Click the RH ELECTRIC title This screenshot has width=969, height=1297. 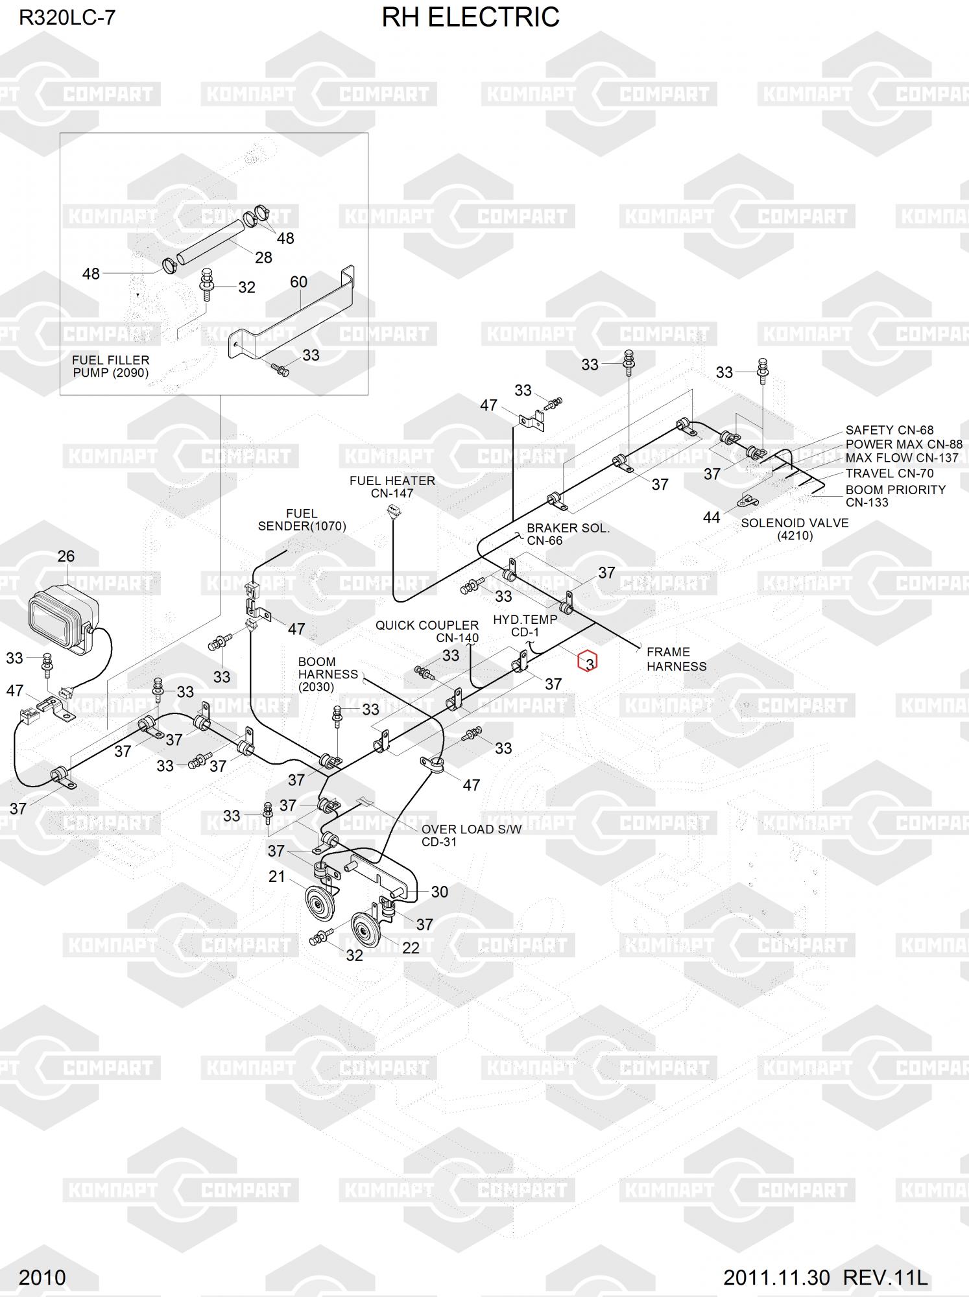coord(470,18)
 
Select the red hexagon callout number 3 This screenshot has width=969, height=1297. coord(588,661)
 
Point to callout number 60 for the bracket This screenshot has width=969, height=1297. coord(298,282)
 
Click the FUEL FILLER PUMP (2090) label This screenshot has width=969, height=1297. coord(110,366)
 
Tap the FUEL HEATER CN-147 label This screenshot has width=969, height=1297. coord(392,487)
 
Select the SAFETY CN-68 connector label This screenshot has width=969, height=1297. coord(889,430)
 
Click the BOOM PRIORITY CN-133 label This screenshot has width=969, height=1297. coord(894,496)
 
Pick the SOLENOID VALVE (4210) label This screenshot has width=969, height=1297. coord(794,529)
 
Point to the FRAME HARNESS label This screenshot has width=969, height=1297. coord(676,659)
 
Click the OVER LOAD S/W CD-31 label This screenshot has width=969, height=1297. coord(471,835)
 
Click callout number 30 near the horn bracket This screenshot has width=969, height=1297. coord(439,892)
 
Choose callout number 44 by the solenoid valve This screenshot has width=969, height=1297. coord(712,518)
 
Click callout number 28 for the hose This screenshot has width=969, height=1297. coord(263,257)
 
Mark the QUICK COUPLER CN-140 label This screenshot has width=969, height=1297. coord(427,631)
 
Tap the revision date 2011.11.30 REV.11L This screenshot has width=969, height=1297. coord(825,1278)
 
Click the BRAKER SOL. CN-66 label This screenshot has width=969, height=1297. coord(568,534)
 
